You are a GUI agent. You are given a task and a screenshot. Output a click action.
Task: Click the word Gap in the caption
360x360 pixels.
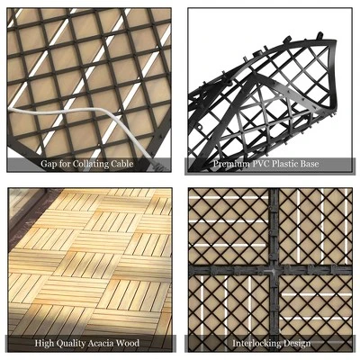point(49,165)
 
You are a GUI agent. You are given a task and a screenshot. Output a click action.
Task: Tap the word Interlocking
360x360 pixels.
point(254,343)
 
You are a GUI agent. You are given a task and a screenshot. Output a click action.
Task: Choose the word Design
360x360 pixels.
point(298,343)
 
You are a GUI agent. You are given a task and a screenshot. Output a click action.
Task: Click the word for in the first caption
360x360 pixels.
point(66,165)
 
